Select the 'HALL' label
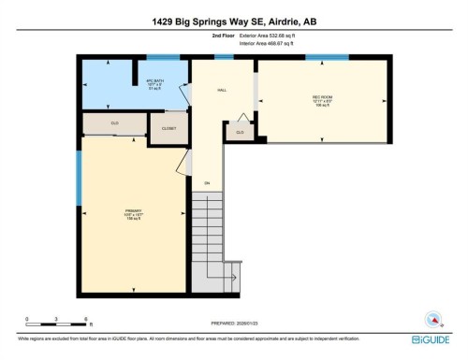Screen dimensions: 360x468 [x=222, y=91]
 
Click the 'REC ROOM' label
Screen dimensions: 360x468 [x=323, y=99]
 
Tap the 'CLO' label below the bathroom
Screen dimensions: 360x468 [x=114, y=122]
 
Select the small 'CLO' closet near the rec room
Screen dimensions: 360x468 [x=240, y=133]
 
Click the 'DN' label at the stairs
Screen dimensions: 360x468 [x=207, y=181]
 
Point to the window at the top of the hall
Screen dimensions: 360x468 [x=224, y=58]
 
